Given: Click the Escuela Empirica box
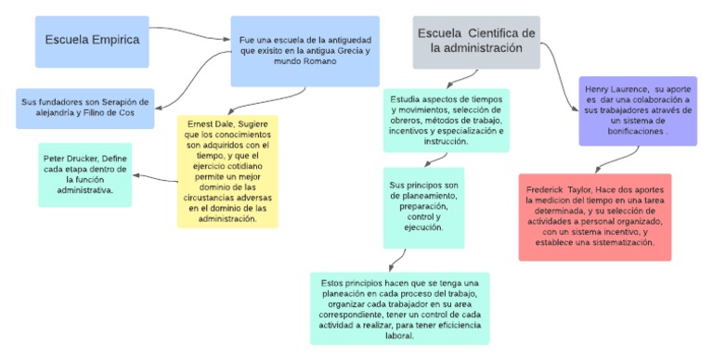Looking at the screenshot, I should [93, 41].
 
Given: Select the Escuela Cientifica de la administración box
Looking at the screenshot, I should [476, 42].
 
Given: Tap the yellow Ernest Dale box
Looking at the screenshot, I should [227, 172].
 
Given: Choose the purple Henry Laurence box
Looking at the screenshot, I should [637, 110].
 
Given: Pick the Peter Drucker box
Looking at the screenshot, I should [84, 174].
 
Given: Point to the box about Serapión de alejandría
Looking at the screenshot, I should [84, 109].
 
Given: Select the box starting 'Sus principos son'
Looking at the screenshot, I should [423, 207].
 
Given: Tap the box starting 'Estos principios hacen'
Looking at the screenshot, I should [399, 307].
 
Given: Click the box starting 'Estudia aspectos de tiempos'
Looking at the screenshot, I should [445, 120].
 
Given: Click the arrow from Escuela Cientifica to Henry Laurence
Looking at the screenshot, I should [560, 65].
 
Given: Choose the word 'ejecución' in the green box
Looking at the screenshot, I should [423, 228].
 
